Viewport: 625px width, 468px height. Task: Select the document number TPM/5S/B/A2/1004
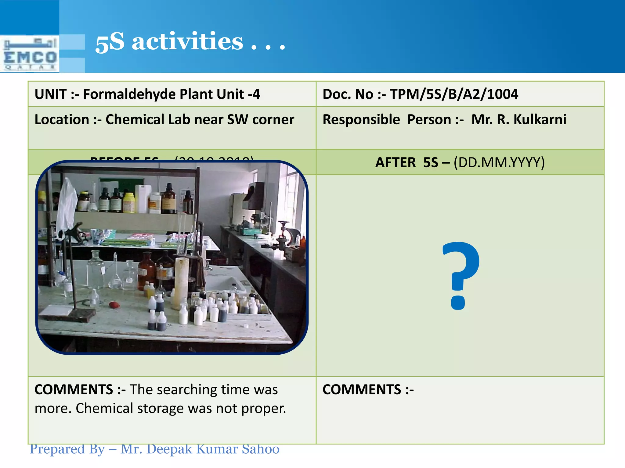point(454,94)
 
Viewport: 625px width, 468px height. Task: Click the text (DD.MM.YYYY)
point(499,162)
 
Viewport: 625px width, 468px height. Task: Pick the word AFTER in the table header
point(395,162)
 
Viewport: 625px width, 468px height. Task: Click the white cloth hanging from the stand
point(67,204)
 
